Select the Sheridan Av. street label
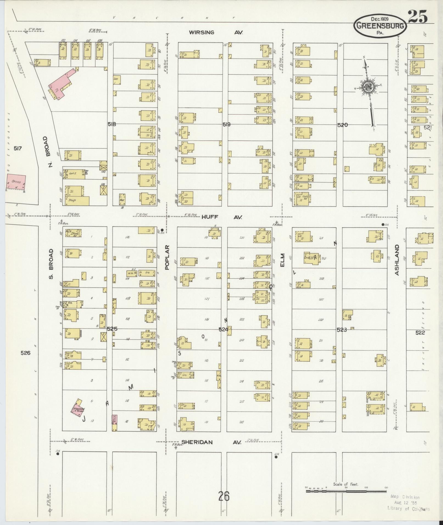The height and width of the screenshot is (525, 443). coord(211,442)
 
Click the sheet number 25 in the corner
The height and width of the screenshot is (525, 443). coord(418,17)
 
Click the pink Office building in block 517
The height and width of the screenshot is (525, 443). coord(16,182)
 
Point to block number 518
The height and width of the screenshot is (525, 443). coord(112,124)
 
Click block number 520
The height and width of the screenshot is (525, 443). coord(342,125)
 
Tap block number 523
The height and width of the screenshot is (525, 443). coord(342,330)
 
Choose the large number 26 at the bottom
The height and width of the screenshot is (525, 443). coord(224,496)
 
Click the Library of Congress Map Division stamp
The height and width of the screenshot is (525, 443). coord(408,502)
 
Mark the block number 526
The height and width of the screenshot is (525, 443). coord(25,353)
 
